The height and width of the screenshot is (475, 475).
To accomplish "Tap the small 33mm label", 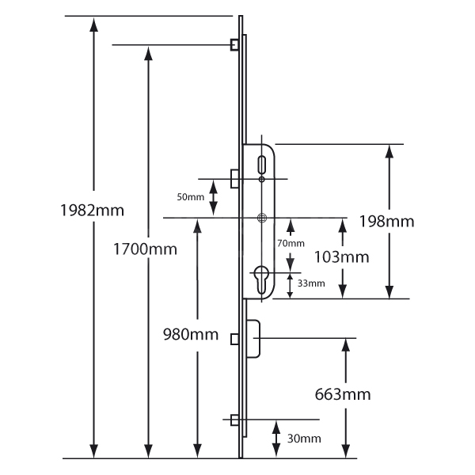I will tap(310, 283).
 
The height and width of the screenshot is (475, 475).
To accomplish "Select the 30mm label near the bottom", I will tap(305, 438).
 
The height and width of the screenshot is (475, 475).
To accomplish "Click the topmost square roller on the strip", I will tap(234, 44).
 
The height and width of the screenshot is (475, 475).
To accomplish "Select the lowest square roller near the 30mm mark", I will tap(234, 420).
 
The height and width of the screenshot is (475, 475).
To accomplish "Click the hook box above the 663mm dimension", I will tap(254, 338).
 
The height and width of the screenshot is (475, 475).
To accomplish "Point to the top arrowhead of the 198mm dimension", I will tap(389, 152).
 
